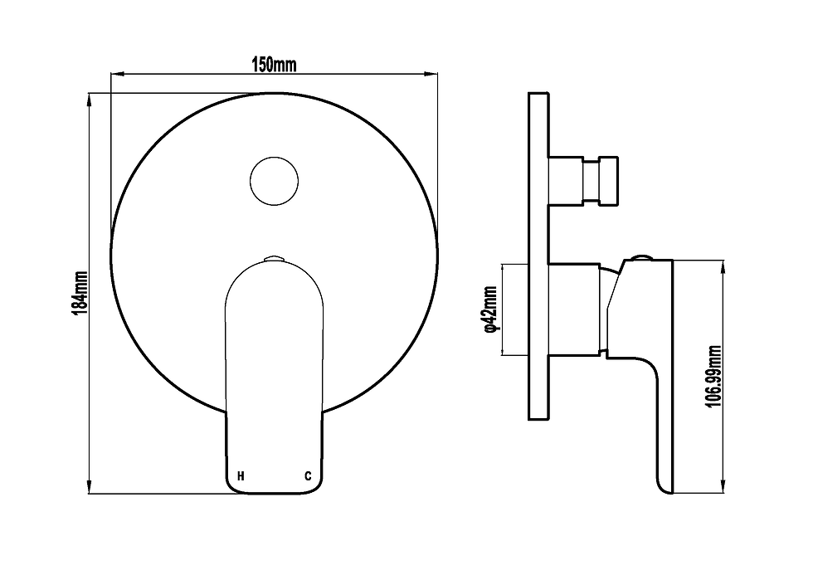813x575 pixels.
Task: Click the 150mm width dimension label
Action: (x=274, y=65)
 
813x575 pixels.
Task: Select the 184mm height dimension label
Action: (x=81, y=293)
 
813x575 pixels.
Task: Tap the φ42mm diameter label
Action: (x=490, y=309)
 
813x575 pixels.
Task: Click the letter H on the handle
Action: (x=241, y=476)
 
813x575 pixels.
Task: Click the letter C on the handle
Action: (x=307, y=476)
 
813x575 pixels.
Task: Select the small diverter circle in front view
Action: (x=275, y=180)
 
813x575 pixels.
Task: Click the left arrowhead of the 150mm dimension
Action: (x=116, y=75)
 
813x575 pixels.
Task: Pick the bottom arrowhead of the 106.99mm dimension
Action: (x=725, y=488)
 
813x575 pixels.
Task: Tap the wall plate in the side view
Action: (x=538, y=257)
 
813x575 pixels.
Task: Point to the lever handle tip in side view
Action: (x=666, y=485)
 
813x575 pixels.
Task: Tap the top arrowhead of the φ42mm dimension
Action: (x=502, y=267)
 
